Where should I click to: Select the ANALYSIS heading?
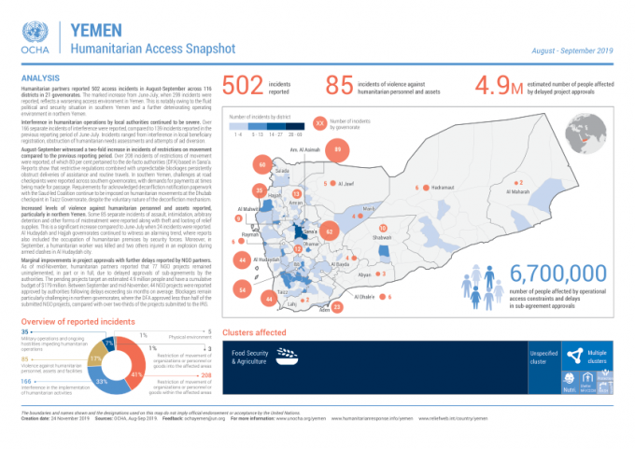coord(39,77)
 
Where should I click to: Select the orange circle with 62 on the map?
coord(330,231)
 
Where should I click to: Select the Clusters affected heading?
coord(254,332)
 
